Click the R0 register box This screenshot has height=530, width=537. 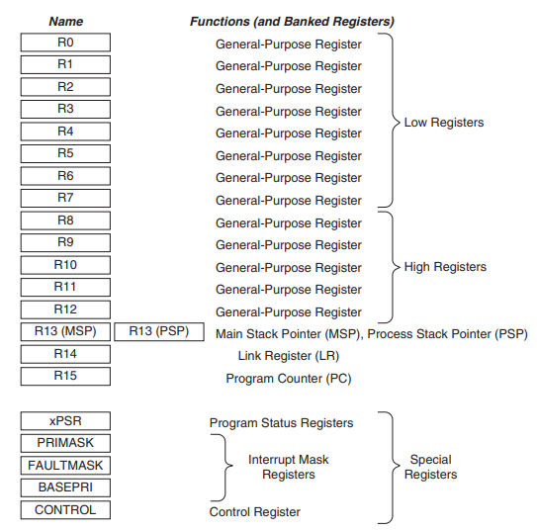(65, 43)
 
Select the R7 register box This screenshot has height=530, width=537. (65, 198)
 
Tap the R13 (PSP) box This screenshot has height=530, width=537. (159, 332)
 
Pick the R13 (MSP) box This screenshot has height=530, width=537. (65, 332)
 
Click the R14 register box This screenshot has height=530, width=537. (65, 354)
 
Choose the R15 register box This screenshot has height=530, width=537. (65, 377)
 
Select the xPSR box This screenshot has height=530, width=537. (65, 421)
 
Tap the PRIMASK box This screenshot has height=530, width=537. (65, 443)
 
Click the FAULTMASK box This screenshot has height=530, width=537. (65, 466)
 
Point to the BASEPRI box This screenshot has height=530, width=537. (65, 487)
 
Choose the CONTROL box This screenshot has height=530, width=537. (65, 510)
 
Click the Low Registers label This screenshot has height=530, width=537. (444, 123)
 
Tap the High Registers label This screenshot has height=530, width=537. (445, 267)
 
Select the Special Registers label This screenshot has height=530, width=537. (431, 467)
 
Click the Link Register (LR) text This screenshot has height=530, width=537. (289, 356)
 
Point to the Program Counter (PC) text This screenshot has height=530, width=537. (289, 379)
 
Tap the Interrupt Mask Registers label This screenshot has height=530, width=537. (289, 467)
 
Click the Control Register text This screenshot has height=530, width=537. (255, 512)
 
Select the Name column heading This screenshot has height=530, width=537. (65, 21)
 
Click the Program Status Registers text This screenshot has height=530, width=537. (281, 423)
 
